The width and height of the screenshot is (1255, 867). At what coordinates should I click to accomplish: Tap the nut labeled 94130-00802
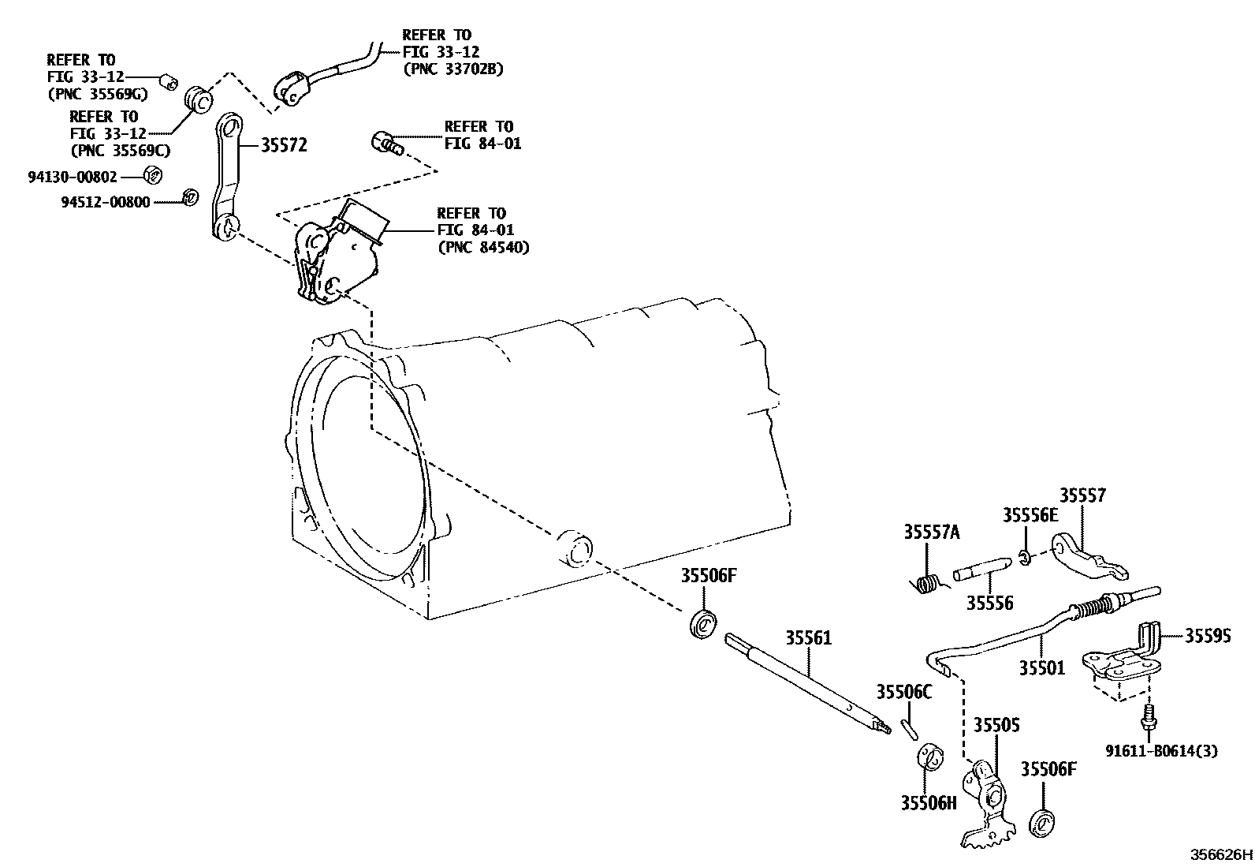click(155, 175)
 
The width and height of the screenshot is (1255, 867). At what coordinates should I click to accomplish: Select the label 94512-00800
click(105, 202)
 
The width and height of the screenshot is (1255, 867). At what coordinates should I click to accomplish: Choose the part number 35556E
click(1030, 515)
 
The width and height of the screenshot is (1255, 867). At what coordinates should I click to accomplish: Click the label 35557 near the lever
click(1082, 495)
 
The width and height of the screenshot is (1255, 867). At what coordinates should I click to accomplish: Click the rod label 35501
click(1041, 668)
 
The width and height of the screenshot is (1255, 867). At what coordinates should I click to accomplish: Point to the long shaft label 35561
click(808, 637)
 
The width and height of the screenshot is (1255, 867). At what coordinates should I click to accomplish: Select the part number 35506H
click(928, 802)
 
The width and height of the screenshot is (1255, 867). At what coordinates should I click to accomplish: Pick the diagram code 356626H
click(1220, 854)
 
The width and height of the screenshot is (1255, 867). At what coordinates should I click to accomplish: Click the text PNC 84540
click(483, 247)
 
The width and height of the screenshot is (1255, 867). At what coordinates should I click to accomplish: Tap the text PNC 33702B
click(452, 69)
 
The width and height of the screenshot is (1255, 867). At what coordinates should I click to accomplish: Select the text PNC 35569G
click(97, 94)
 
